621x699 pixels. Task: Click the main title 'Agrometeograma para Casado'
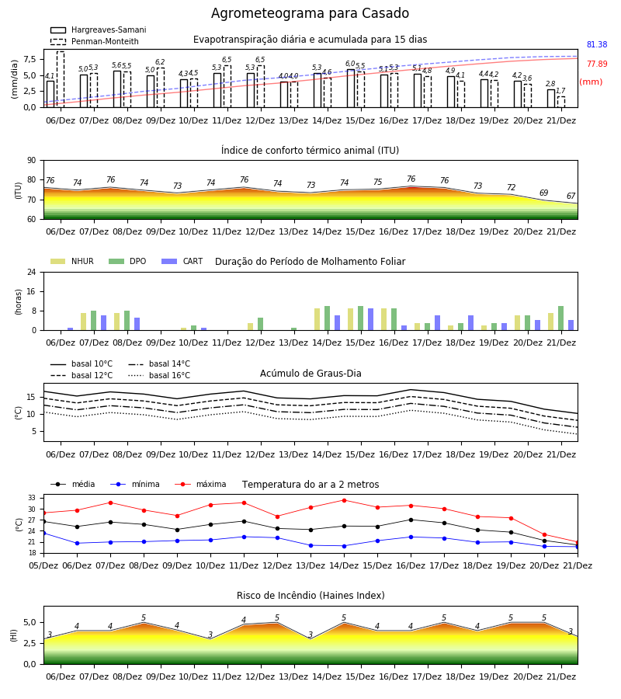pyautogui.click(x=310, y=13)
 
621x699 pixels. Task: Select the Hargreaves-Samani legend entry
pyautogui.click(x=98, y=30)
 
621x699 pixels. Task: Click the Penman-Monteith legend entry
pyautogui.click(x=95, y=41)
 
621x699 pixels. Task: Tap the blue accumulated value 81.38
pyautogui.click(x=597, y=44)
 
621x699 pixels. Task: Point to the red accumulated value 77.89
pyautogui.click(x=597, y=64)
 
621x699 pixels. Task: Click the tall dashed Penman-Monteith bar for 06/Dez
pyautogui.click(x=61, y=79)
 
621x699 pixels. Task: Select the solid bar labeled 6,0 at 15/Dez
pyautogui.click(x=351, y=89)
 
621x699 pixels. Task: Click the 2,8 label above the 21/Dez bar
pyautogui.click(x=550, y=84)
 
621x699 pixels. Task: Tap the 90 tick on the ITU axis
pyautogui.click(x=32, y=161)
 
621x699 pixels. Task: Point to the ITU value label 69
pyautogui.click(x=544, y=193)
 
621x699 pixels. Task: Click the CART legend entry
pyautogui.click(x=182, y=261)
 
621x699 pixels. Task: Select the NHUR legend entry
pyautogui.click(x=72, y=261)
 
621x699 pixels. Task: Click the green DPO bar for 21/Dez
pyautogui.click(x=561, y=318)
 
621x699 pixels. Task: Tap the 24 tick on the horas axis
pyautogui.click(x=32, y=273)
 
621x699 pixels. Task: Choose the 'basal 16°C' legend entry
pyautogui.click(x=159, y=375)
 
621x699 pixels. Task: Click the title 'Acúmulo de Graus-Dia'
pyautogui.click(x=310, y=374)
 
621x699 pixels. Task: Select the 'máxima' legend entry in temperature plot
pyautogui.click(x=200, y=484)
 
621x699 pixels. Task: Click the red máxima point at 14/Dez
pyautogui.click(x=344, y=500)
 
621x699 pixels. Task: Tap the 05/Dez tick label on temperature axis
pyautogui.click(x=43, y=565)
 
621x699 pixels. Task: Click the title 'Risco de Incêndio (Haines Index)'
pyautogui.click(x=310, y=596)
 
